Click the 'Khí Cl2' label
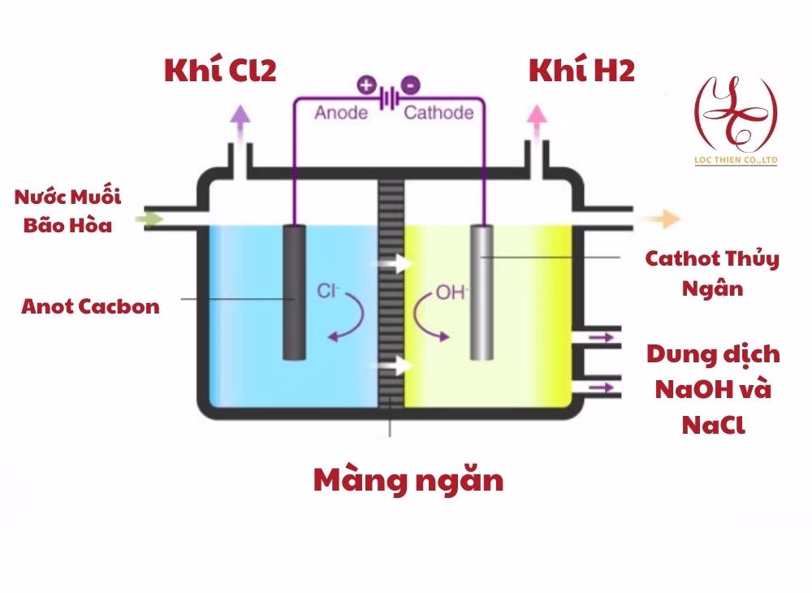(220, 71)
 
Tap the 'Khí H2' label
(581, 71)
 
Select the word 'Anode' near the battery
(341, 112)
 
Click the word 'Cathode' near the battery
(438, 112)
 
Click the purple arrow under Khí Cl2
(240, 120)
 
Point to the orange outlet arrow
(665, 218)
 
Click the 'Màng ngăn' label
(408, 480)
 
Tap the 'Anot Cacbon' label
(91, 307)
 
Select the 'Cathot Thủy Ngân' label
(712, 274)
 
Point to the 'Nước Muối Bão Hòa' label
(67, 210)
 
